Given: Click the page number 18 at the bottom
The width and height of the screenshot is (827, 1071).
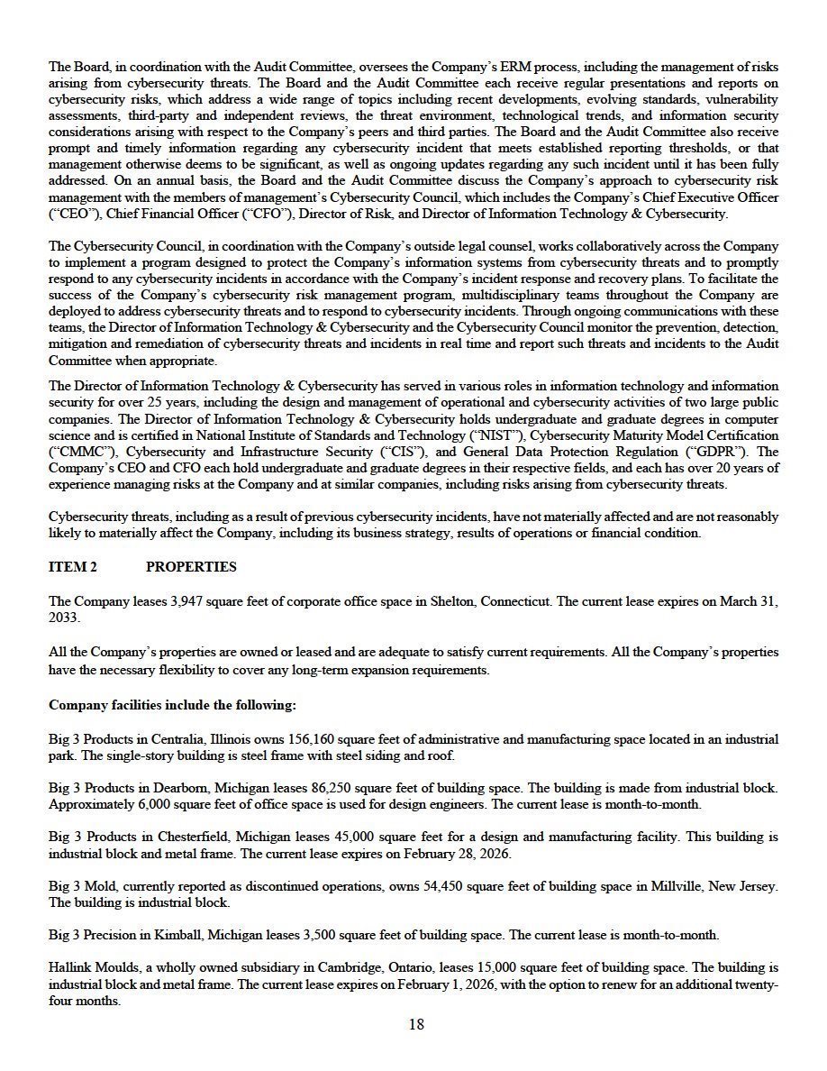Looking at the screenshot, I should click(x=415, y=1024).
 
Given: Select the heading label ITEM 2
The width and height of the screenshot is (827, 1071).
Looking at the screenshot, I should click(x=73, y=567).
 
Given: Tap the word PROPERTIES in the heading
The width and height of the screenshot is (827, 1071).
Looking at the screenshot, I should click(x=191, y=567).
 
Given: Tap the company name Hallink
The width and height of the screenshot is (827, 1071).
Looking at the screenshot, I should click(x=69, y=967).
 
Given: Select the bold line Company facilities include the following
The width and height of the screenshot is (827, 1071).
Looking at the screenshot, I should click(x=172, y=705).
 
